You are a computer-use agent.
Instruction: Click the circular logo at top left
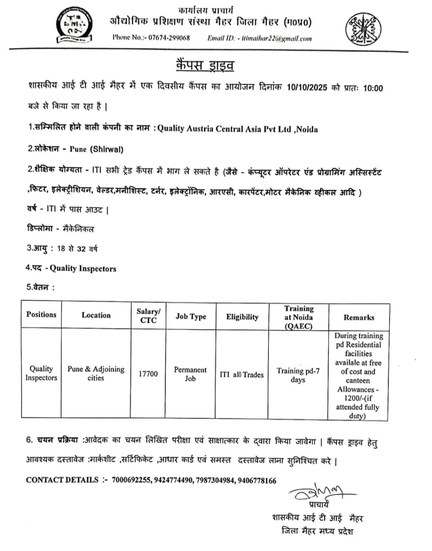point(74,25)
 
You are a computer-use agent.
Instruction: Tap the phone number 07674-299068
point(169,38)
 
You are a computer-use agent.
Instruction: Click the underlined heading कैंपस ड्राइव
point(205,66)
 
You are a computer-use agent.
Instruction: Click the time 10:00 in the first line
point(373,88)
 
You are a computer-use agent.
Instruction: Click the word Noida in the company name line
point(307,129)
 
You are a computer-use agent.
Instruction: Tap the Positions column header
point(41,315)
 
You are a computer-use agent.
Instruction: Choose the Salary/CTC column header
point(148,316)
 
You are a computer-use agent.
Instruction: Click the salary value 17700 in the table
point(148,374)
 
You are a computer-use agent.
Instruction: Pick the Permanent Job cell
point(190,374)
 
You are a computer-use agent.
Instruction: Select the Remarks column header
point(359,317)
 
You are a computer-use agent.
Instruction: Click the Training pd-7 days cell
point(298,375)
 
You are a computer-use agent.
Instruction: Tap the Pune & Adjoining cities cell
point(96,373)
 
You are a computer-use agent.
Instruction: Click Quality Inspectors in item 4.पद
point(83,269)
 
